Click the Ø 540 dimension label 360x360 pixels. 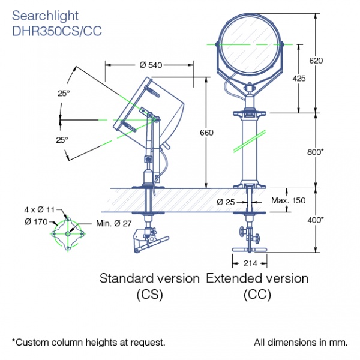[x=151, y=65]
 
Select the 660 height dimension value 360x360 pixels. [x=206, y=133]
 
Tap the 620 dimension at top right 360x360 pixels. [x=316, y=61]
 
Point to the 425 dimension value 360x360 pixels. [x=299, y=79]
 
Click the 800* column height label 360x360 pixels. [x=316, y=152]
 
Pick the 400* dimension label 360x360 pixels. [x=316, y=220]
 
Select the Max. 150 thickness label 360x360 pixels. [x=289, y=200]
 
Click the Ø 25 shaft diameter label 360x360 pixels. [x=226, y=202]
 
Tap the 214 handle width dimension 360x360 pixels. [x=250, y=263]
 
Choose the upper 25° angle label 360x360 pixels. [x=64, y=94]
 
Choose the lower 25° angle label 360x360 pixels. [x=62, y=140]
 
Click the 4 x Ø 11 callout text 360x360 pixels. [x=40, y=209]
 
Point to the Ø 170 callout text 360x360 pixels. [x=36, y=222]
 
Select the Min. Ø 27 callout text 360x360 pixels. [x=113, y=223]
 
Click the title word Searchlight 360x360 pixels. [x=45, y=16]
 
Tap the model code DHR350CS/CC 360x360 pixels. [x=57, y=31]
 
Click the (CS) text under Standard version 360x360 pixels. [x=149, y=294]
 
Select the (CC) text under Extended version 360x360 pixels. [x=257, y=294]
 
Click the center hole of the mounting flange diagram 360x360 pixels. [x=68, y=234]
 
